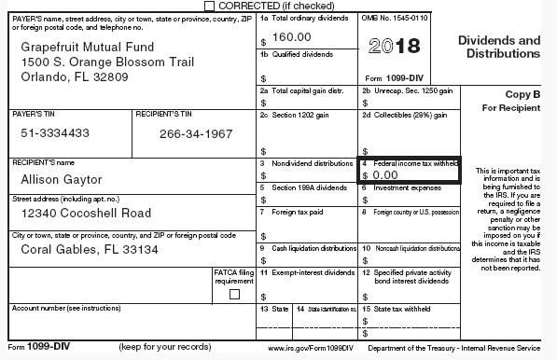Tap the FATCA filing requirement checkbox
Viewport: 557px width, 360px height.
point(234,294)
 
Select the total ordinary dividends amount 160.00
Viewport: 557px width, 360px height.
point(291,36)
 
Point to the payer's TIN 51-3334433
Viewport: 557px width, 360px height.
point(55,133)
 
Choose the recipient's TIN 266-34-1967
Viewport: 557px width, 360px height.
point(195,133)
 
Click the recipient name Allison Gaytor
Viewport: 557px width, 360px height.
point(62,179)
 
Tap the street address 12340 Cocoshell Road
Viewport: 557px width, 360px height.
point(86,214)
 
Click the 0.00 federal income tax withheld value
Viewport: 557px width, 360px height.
point(384,174)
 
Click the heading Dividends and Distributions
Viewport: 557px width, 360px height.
point(498,47)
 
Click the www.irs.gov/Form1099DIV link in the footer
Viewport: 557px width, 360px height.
point(311,348)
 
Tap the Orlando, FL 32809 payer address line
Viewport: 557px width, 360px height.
point(77,76)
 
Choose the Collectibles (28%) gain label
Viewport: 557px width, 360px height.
point(411,115)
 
